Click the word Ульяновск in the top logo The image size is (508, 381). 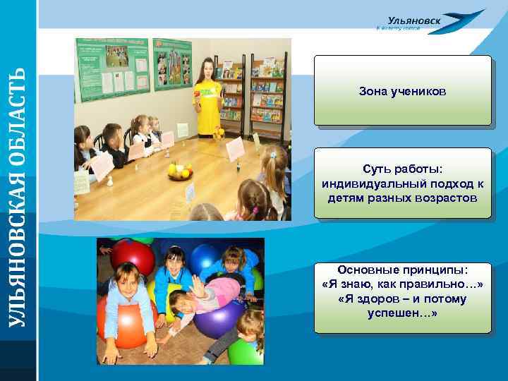414,20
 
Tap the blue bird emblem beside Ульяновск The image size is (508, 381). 466,19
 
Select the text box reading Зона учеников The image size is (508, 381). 402,92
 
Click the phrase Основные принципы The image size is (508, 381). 402,270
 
